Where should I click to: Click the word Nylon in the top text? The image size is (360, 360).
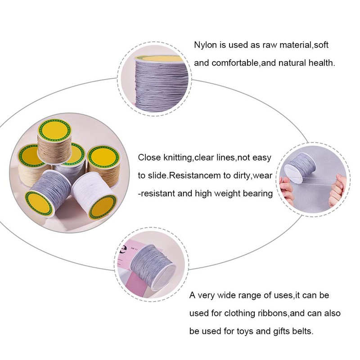click(x=204, y=45)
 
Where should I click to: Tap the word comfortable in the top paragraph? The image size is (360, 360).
click(x=235, y=63)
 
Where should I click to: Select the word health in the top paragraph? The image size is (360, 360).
click(x=321, y=63)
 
